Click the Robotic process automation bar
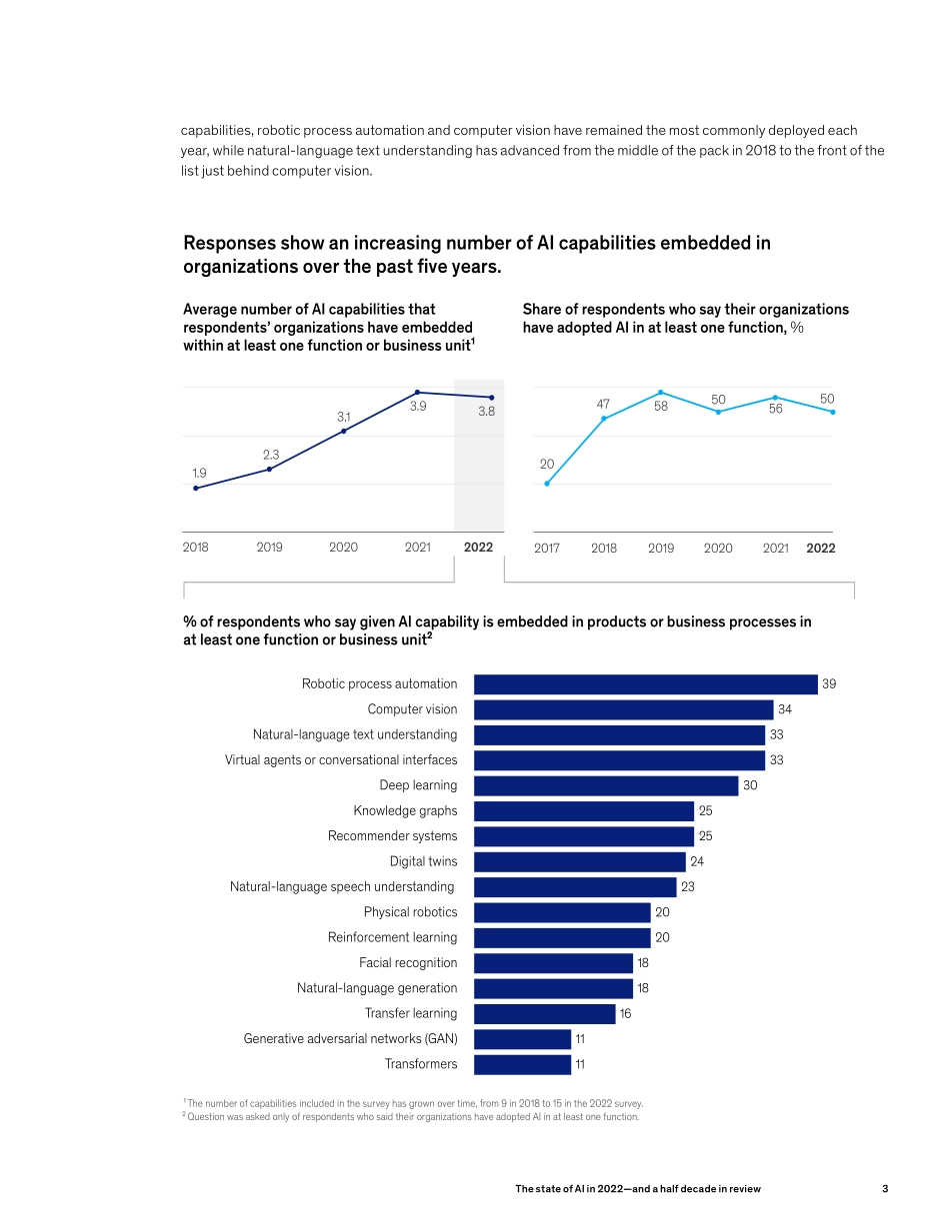[645, 684]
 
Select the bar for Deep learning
[606, 785]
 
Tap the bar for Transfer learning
[544, 1013]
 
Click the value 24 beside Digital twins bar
[698, 861]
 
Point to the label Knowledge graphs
[405, 810]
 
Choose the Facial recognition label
[408, 962]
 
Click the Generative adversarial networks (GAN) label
[350, 1039]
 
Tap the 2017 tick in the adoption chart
[547, 549]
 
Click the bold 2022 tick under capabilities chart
[478, 548]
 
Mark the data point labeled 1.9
[196, 488]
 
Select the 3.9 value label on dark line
[418, 407]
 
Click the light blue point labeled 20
[547, 484]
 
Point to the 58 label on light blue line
[661, 407]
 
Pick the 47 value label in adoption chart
[603, 403]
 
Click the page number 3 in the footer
[885, 1189]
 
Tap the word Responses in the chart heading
[229, 243]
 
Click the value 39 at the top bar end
[829, 684]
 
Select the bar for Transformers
[522, 1064]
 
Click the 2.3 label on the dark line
[271, 455]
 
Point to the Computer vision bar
[623, 709]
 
